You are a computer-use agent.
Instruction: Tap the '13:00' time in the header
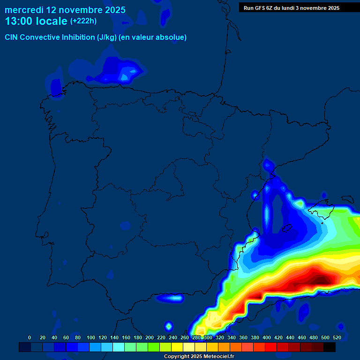pos(19,21)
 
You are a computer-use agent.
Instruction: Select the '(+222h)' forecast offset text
pos(83,21)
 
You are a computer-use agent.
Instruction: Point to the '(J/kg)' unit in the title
pos(107,37)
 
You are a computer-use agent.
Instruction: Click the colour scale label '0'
pos(30,337)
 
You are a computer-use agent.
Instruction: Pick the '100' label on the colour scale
pos(91,337)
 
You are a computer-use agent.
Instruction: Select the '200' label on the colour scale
pos(150,337)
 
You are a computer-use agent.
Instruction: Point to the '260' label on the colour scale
pos(185,337)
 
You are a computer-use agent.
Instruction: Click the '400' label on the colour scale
pos(267,337)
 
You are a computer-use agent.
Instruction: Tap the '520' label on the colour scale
pos(337,337)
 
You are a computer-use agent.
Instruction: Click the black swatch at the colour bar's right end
pos(330,347)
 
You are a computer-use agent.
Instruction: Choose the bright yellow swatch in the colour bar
pos(177,347)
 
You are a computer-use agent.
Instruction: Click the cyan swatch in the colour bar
pos(119,347)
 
